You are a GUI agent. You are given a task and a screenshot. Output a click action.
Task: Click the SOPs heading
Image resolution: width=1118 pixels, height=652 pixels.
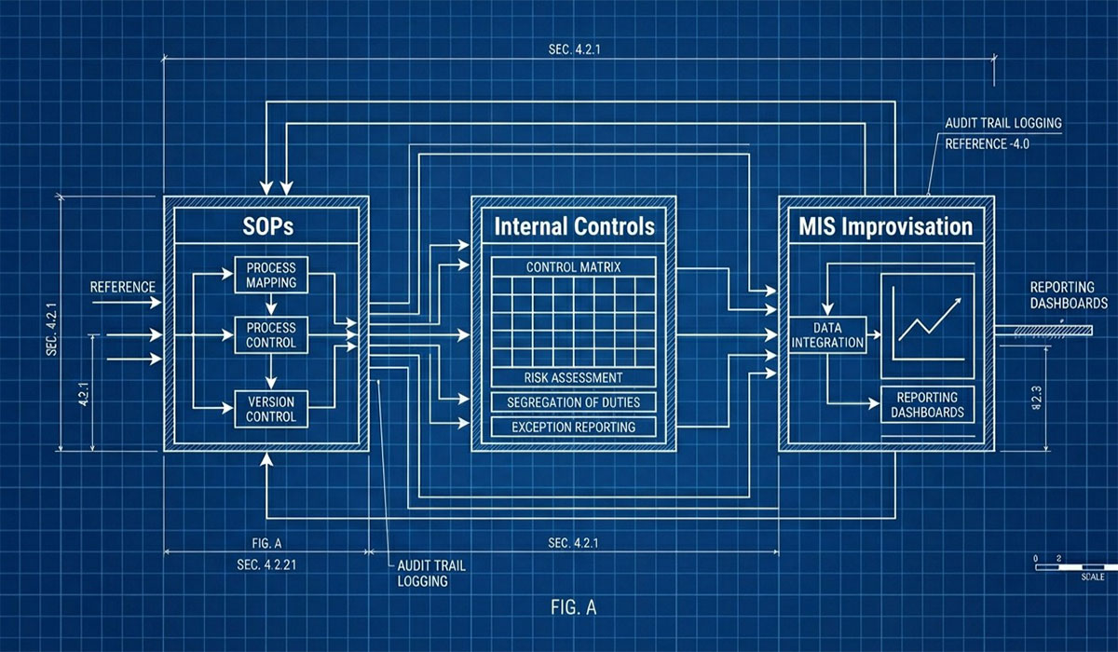coord(268,226)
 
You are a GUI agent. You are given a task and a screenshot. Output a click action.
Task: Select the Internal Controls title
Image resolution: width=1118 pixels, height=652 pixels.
coord(574,226)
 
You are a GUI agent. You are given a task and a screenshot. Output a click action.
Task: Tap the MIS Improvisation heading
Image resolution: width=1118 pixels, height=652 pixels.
coord(885,226)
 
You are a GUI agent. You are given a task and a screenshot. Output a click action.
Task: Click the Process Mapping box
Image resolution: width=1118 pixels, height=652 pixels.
coord(271,275)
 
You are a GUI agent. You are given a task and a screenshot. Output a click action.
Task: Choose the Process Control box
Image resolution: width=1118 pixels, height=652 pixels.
coord(271,335)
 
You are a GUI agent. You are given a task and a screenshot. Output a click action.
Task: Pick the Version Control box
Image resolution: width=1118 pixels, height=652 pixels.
coord(271,409)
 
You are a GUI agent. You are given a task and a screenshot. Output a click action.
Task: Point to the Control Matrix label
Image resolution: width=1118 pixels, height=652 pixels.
coord(574,267)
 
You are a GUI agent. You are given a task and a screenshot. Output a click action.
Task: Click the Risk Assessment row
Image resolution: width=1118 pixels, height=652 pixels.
coord(574,377)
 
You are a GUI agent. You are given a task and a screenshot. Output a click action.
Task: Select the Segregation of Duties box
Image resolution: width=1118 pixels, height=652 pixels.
coord(574,402)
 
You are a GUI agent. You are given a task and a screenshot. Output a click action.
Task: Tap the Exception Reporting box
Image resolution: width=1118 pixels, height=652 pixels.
coord(574,427)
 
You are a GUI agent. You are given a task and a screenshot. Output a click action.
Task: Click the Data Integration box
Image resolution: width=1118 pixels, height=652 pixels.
coord(827,334)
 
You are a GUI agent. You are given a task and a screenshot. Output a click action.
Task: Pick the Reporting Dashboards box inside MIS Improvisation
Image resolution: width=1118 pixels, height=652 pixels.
coord(927,404)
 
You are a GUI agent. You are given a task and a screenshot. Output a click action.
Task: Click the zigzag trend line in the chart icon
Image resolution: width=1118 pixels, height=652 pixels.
coord(930,319)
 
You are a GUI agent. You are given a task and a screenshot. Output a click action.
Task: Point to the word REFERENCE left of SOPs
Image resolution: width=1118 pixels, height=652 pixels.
coord(123,287)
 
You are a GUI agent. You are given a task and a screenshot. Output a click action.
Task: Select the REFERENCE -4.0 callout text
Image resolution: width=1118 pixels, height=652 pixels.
coord(988,144)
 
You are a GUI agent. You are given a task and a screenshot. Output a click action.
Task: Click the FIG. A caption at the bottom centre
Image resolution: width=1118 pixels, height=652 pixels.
coord(574,607)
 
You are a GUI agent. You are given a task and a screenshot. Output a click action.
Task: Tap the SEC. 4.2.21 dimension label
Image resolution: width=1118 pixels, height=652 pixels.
coord(266,564)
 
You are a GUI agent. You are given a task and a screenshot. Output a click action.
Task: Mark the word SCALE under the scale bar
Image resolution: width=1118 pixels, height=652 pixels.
coord(1093,577)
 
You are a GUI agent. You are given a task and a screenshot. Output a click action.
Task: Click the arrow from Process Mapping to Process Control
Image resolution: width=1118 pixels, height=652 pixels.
coord(271,304)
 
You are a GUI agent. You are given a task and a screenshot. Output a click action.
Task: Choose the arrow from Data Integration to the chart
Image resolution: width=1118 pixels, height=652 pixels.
coord(874,334)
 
